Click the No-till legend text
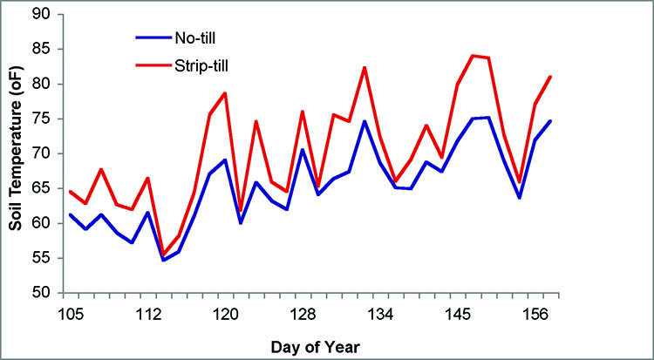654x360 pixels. (x=204, y=38)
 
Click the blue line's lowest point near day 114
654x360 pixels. (x=163, y=260)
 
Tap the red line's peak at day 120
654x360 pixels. (x=225, y=93)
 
